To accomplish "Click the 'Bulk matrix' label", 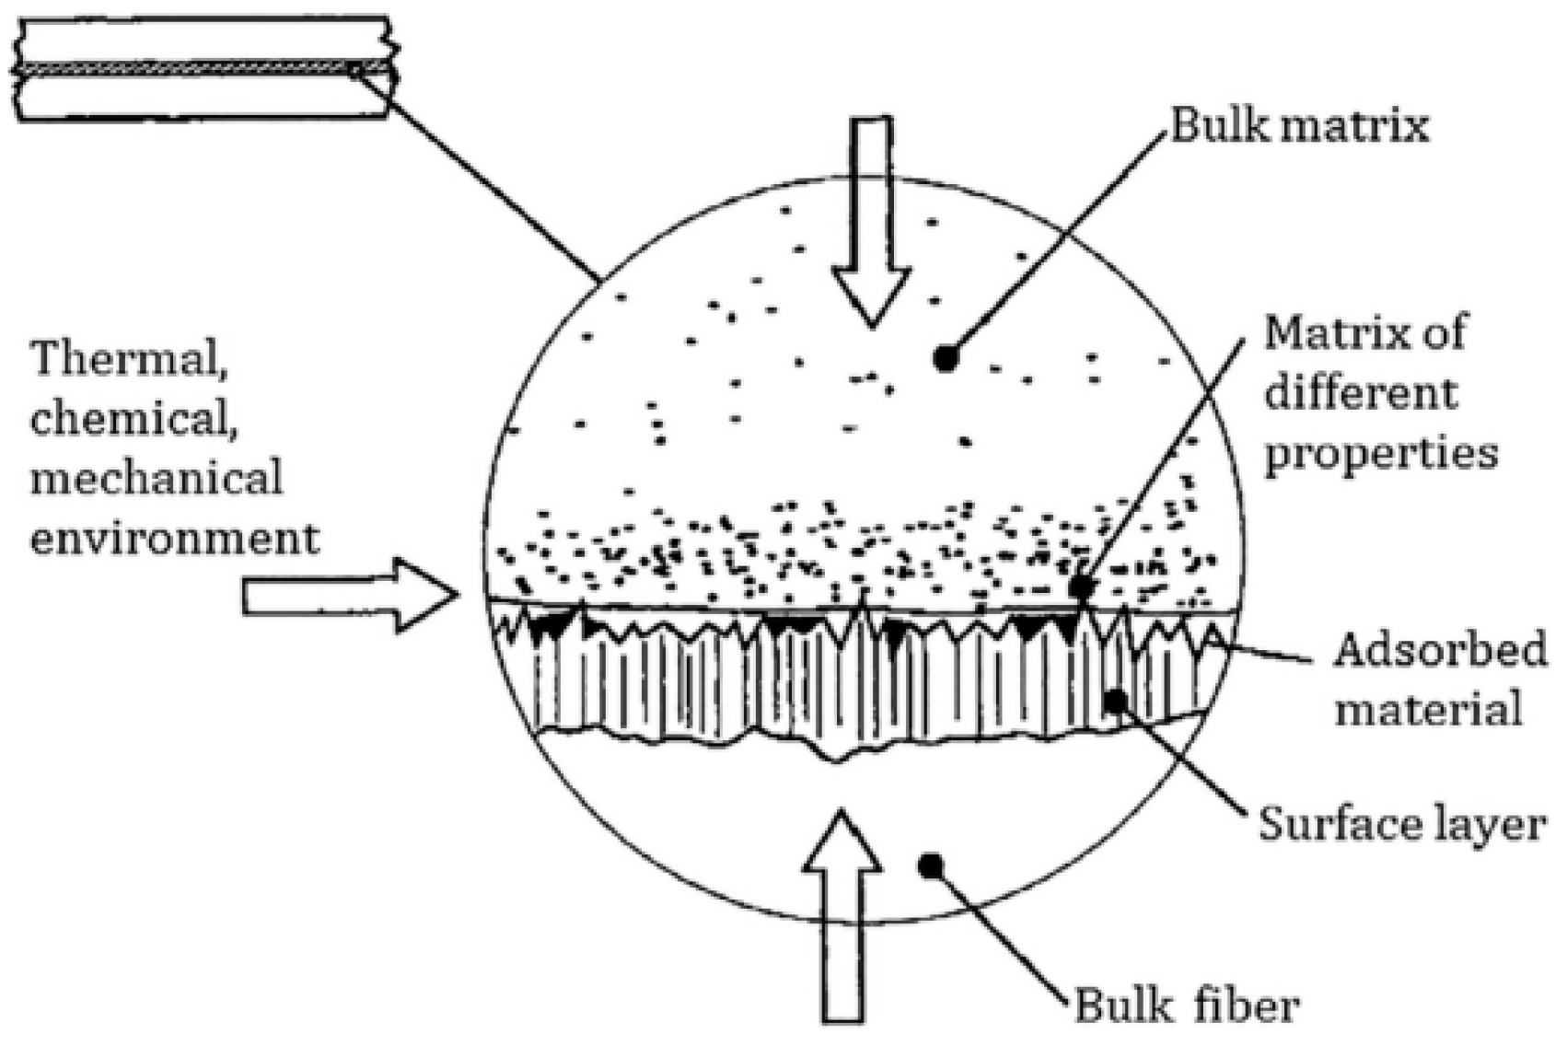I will pyautogui.click(x=1299, y=126).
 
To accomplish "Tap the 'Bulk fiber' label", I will pyautogui.click(x=1187, y=1006).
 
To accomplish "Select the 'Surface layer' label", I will pyautogui.click(x=1399, y=824).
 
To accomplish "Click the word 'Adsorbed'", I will pyautogui.click(x=1441, y=651).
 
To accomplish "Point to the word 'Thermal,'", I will pyautogui.click(x=131, y=359).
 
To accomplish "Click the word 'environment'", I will pyautogui.click(x=175, y=538).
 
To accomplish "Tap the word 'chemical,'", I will pyautogui.click(x=130, y=420).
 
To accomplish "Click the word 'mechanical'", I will pyautogui.click(x=157, y=479).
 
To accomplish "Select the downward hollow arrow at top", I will pyautogui.click(x=871, y=221).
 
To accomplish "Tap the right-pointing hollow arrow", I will pyautogui.click(x=350, y=596).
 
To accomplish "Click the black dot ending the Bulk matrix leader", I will pyautogui.click(x=945, y=359).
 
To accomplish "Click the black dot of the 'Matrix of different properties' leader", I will pyautogui.click(x=1081, y=586).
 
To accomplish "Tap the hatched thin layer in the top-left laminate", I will pyautogui.click(x=203, y=69).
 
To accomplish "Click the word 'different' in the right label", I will pyautogui.click(x=1361, y=394).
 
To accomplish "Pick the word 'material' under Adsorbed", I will pyautogui.click(x=1428, y=710).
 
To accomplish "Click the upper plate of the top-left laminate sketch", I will pyautogui.click(x=203, y=40).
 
